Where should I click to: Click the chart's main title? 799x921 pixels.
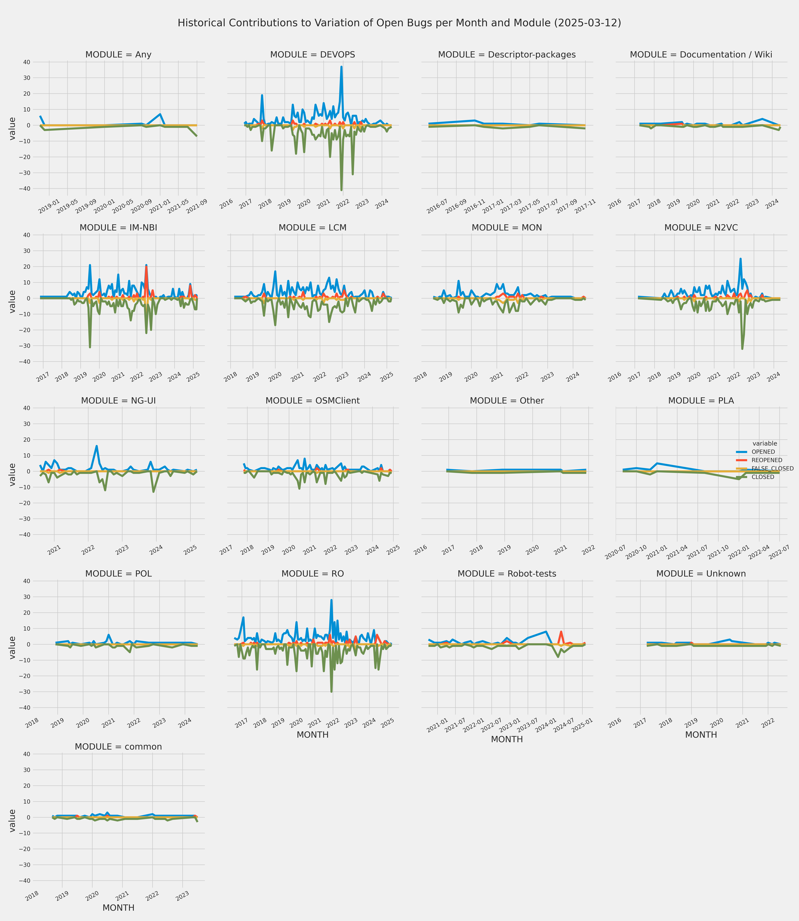399,23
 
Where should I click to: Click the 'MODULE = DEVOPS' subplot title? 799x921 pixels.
313,54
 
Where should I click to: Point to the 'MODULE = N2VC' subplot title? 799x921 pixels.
701,227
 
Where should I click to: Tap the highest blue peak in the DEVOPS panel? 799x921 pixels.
341,67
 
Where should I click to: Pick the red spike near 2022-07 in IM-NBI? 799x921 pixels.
146,266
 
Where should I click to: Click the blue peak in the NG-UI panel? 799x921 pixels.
96,446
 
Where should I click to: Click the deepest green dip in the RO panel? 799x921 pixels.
331,691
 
